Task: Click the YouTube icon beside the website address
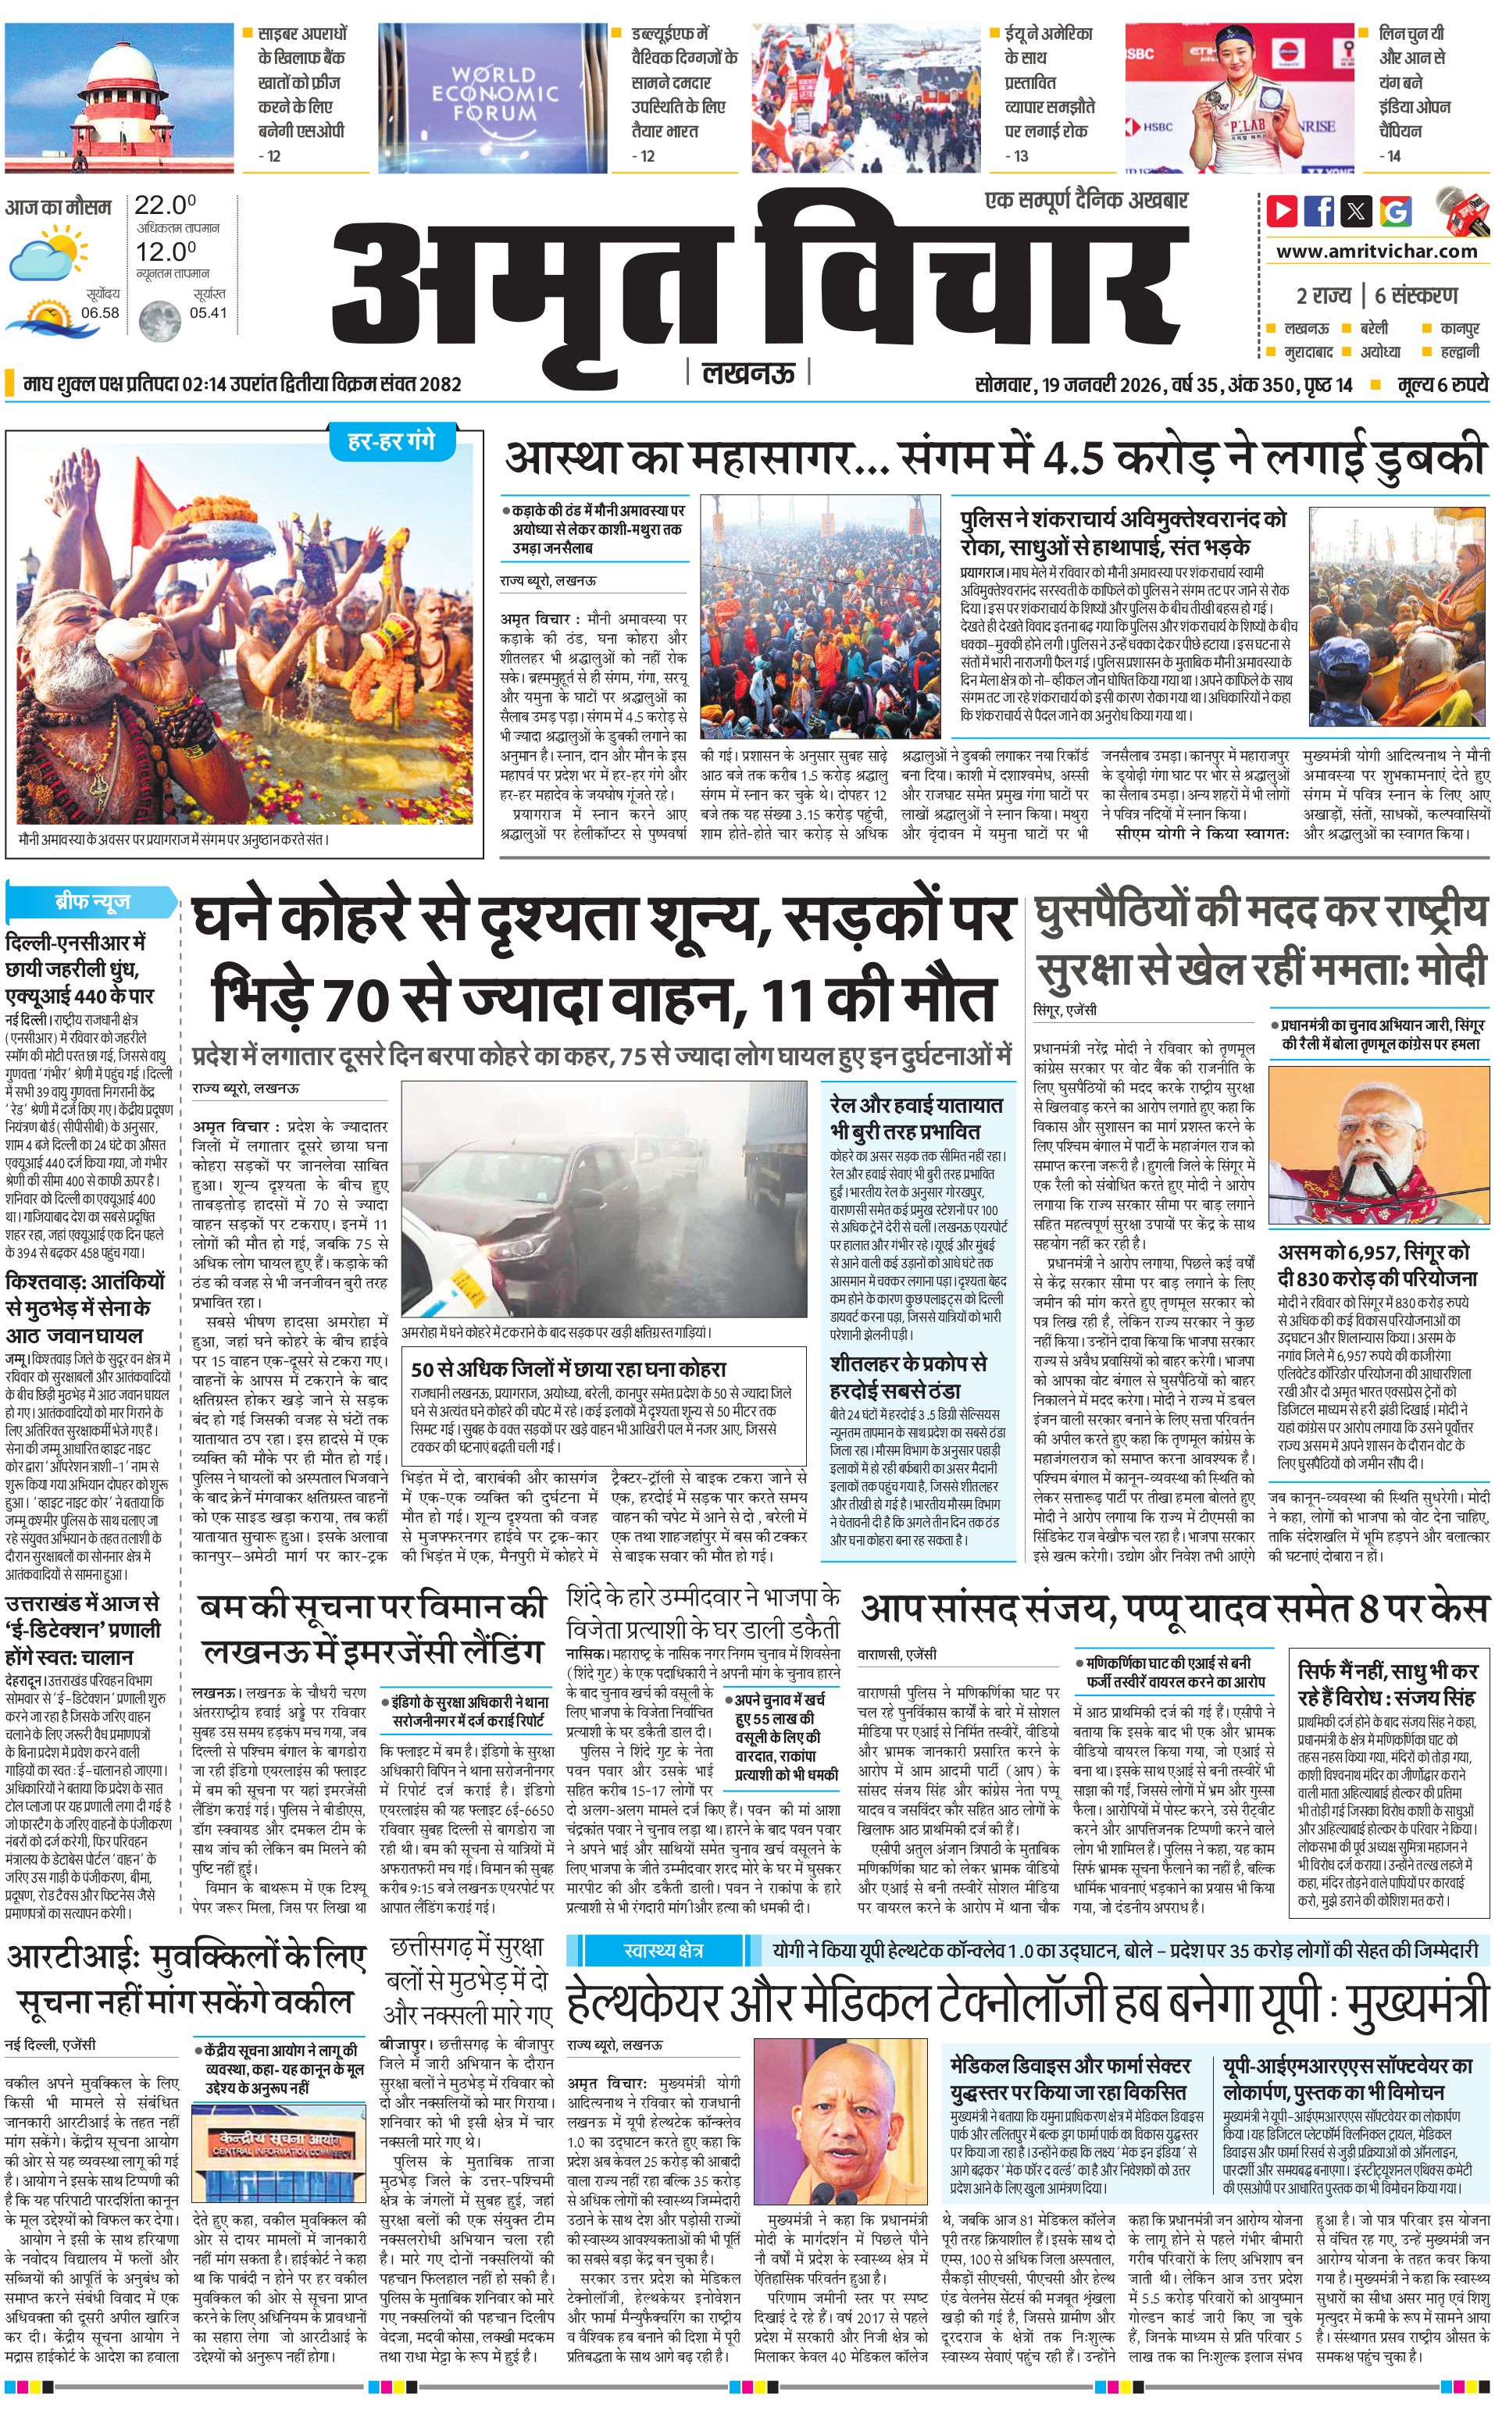[x=1283, y=211]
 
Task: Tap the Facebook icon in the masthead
[x=1319, y=211]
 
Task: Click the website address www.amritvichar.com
[x=1376, y=251]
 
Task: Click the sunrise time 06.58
[x=100, y=312]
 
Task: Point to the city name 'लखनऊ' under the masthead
[x=747, y=373]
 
